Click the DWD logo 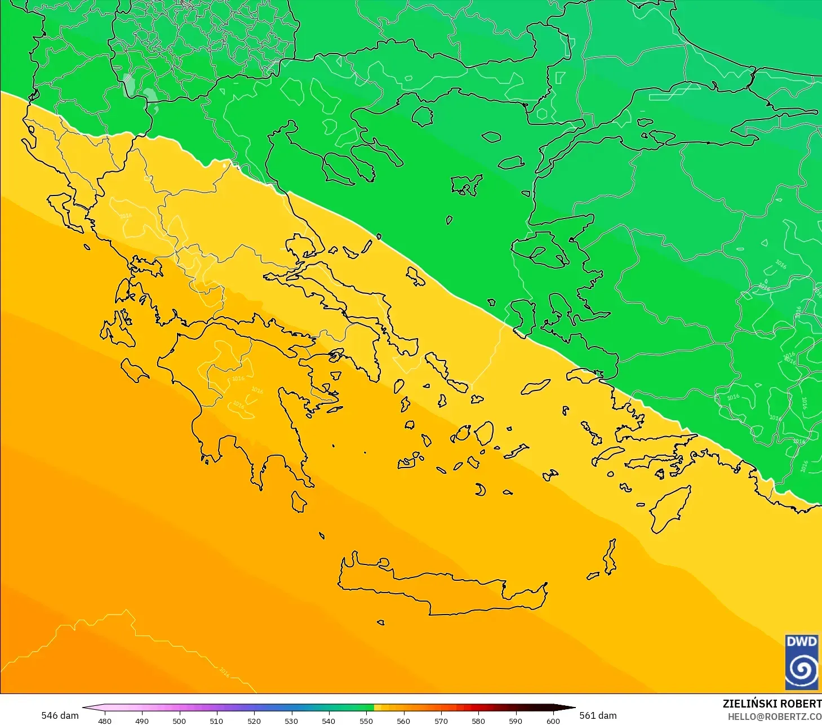pos(802,662)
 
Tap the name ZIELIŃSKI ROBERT pos(771,704)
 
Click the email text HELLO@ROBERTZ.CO pos(774,717)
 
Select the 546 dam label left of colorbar pos(60,715)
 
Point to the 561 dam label pos(598,715)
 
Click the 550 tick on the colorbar pos(366,720)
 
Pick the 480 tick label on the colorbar pos(104,720)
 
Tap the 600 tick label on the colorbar pos(553,720)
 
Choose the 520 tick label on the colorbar pos(254,720)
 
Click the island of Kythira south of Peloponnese pos(299,501)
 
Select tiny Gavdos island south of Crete pos(381,622)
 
